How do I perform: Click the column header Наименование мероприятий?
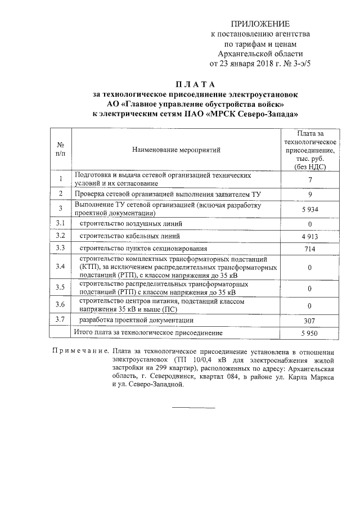176,150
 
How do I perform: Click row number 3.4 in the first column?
60,266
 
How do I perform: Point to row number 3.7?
60,320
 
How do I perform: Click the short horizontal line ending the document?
193,407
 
